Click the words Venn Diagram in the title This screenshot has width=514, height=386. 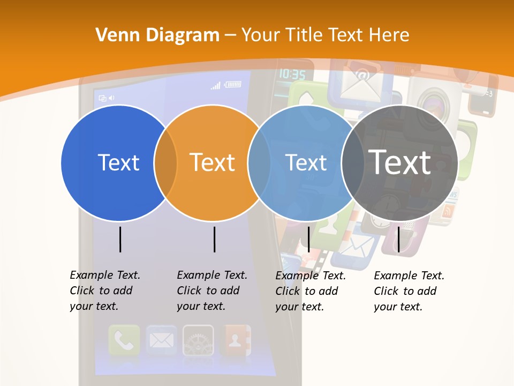point(157,35)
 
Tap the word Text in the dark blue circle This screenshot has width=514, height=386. point(118,162)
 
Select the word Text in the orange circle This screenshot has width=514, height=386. point(212,162)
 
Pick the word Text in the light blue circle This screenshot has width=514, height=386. point(306,162)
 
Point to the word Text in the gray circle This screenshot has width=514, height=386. point(399,162)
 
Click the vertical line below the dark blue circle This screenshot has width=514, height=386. point(120,239)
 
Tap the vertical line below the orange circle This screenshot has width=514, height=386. point(214,239)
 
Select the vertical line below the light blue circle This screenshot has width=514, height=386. point(308,239)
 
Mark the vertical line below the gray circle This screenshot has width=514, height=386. point(398,239)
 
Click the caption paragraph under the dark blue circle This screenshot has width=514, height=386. point(105,291)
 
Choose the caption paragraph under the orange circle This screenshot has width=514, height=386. point(212,291)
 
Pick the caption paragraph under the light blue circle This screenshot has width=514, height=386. point(311,291)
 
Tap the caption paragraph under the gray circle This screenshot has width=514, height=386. point(409,291)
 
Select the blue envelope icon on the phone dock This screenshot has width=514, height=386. point(161,340)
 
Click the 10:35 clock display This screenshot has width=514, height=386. point(292,74)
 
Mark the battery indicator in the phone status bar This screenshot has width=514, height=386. point(233,84)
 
